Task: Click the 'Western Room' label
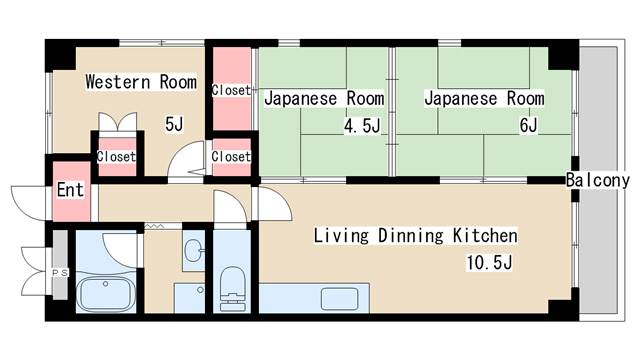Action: tap(140, 82)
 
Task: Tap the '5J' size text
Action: tap(175, 124)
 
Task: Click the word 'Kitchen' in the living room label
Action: tap(484, 236)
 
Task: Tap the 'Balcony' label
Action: tap(597, 181)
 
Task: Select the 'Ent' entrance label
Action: tap(70, 190)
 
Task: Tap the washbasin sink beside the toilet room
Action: tap(194, 249)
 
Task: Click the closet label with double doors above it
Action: tap(116, 157)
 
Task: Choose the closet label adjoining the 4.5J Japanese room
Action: tap(231, 90)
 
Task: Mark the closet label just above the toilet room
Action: tap(231, 157)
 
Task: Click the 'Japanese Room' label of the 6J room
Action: tap(484, 99)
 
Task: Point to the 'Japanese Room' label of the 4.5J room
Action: tap(324, 99)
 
